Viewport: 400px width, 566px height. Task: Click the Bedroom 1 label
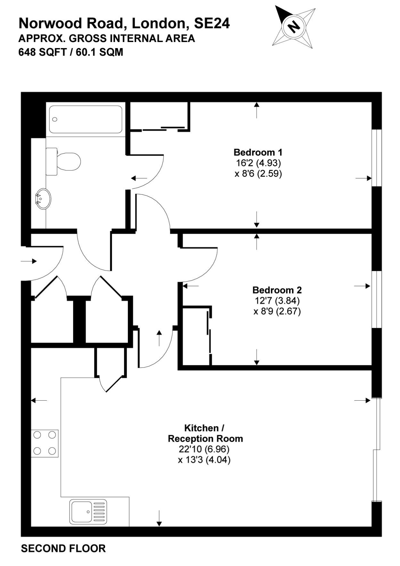tap(258, 152)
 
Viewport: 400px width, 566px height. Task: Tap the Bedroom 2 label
tap(277, 290)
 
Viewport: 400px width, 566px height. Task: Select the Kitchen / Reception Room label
tap(205, 433)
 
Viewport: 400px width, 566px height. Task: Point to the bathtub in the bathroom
tap(86, 119)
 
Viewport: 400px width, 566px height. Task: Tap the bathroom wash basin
tap(43, 199)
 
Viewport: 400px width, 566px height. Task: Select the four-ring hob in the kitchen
tap(45, 443)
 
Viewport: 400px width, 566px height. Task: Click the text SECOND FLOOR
tap(63, 548)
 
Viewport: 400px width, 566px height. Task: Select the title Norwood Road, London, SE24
tap(124, 23)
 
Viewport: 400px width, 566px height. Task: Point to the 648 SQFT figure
tap(41, 52)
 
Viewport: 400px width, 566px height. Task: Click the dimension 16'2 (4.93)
tap(258, 163)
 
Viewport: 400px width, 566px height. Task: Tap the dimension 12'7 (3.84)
tap(277, 301)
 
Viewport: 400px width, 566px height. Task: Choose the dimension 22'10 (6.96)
tap(204, 449)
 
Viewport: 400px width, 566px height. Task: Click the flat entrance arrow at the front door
tap(29, 261)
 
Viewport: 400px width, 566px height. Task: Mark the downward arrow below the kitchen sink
tap(159, 518)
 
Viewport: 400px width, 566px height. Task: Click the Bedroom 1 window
tap(377, 158)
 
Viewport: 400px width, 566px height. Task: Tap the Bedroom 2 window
tap(377, 300)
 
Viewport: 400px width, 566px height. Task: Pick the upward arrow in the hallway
tap(159, 338)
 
